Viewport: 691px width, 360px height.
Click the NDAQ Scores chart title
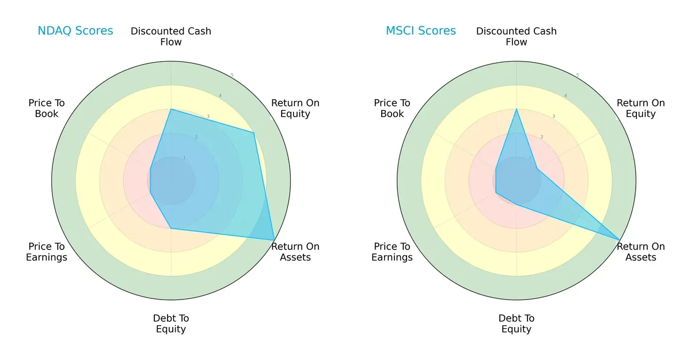(x=75, y=31)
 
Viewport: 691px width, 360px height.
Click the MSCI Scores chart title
(x=420, y=31)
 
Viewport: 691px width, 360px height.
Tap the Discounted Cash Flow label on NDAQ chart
(x=171, y=36)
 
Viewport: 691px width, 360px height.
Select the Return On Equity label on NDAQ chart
(x=295, y=108)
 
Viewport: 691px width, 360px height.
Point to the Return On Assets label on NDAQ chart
(x=295, y=252)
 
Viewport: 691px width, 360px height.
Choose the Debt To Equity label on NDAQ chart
(x=171, y=324)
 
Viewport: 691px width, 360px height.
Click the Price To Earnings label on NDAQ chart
(x=47, y=252)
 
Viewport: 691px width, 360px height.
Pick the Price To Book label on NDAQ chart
(x=47, y=108)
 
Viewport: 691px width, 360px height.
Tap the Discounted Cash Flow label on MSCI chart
(x=517, y=36)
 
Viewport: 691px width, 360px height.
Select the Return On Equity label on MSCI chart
(x=641, y=108)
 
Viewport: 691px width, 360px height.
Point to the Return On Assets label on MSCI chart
(x=641, y=252)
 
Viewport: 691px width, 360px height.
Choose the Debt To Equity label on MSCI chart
(x=517, y=324)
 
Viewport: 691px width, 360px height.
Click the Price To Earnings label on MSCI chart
(x=392, y=252)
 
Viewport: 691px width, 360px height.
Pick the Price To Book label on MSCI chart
(x=392, y=108)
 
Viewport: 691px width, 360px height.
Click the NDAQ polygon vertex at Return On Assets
(x=274, y=240)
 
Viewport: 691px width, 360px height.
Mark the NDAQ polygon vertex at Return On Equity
(x=254, y=133)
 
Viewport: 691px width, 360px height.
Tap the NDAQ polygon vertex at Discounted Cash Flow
(x=171, y=109)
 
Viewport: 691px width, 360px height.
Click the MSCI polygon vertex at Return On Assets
(x=620, y=240)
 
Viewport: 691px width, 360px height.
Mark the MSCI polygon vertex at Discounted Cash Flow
(x=517, y=109)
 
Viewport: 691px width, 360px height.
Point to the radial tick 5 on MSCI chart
(x=578, y=75)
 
